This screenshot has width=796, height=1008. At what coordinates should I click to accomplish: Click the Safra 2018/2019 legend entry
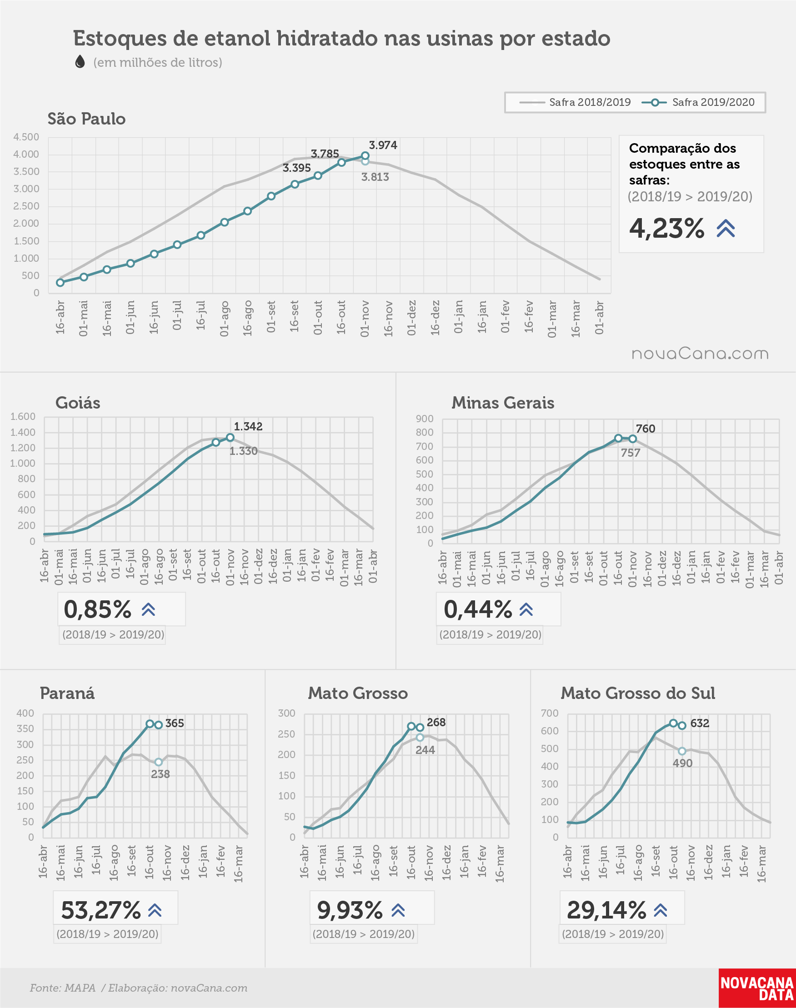click(575, 102)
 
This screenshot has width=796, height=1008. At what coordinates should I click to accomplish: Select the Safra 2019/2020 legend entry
click(698, 102)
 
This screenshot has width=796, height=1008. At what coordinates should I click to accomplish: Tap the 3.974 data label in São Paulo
click(383, 145)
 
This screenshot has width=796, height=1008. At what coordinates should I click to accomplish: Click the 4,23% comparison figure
click(666, 228)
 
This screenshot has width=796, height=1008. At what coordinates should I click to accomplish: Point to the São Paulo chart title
click(87, 119)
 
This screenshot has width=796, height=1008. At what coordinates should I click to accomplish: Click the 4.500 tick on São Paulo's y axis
click(26, 137)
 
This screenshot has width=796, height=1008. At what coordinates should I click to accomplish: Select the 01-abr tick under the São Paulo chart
click(599, 318)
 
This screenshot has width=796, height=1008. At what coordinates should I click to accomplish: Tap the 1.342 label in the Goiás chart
click(248, 426)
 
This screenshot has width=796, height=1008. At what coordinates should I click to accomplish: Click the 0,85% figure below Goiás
click(97, 609)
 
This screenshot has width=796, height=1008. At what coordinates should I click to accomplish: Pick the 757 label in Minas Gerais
click(631, 453)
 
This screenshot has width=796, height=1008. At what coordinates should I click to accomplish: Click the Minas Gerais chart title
click(503, 403)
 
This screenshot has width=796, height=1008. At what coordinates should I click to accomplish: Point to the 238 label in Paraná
click(160, 774)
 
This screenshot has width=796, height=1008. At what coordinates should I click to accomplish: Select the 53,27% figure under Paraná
click(100, 910)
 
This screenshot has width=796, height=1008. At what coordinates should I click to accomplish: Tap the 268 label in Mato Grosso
click(436, 723)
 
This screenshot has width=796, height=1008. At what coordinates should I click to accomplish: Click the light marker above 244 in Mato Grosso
click(420, 738)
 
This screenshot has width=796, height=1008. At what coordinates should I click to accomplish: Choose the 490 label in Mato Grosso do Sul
click(683, 763)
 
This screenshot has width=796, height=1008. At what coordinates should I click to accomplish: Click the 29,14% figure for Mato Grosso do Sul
click(606, 910)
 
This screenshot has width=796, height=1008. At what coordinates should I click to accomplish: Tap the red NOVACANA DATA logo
click(757, 988)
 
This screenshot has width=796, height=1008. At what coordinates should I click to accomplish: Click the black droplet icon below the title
click(80, 61)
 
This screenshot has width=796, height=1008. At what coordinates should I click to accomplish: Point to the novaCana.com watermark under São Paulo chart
click(700, 354)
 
